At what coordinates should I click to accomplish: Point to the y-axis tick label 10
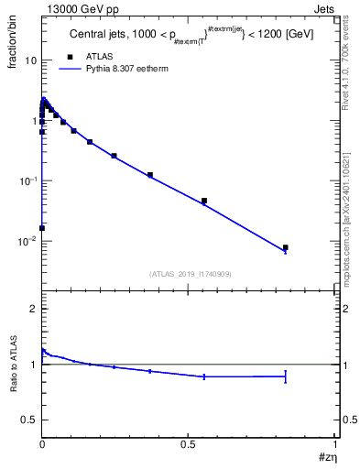click(x=29, y=60)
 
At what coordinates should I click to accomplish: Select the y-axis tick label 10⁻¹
click(x=27, y=180)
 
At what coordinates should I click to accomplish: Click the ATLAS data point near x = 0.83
click(x=285, y=247)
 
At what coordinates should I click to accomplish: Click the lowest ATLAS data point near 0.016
click(x=42, y=227)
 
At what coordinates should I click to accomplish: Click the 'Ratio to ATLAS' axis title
click(x=12, y=365)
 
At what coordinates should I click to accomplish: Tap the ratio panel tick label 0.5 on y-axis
click(x=28, y=420)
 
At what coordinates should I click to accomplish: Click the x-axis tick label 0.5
click(x=189, y=443)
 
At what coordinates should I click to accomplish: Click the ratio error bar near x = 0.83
click(x=285, y=376)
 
